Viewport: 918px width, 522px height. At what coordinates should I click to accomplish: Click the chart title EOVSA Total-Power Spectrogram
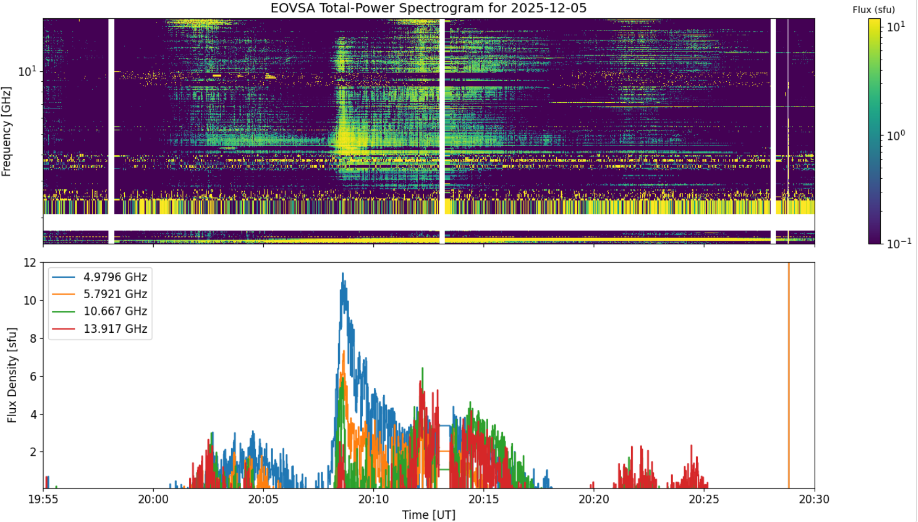click(428, 8)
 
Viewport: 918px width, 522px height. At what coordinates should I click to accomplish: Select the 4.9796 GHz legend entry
click(100, 277)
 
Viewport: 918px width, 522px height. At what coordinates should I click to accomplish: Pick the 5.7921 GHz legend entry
click(100, 294)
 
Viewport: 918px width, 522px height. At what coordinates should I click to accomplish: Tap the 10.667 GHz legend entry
click(100, 311)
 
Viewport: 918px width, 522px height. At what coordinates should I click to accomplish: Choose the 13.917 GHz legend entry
click(100, 329)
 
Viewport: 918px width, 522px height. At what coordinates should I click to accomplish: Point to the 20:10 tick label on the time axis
click(373, 499)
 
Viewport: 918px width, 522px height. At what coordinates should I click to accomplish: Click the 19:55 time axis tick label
click(43, 499)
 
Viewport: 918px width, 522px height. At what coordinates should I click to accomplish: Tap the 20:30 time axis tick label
click(814, 499)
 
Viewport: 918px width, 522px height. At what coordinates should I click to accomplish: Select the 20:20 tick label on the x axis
click(594, 499)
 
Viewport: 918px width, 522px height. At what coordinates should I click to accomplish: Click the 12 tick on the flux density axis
click(30, 263)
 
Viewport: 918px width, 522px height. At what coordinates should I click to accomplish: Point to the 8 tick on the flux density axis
click(34, 339)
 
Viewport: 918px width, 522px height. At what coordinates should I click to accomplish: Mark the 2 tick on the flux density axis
click(34, 452)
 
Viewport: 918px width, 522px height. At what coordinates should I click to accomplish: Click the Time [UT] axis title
click(428, 515)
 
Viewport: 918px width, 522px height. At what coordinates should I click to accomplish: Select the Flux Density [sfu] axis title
click(12, 375)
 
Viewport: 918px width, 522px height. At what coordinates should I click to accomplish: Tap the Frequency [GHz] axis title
click(6, 131)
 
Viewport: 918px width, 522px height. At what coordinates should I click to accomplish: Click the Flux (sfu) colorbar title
click(873, 9)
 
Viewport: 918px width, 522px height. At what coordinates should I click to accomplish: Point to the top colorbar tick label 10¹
click(895, 26)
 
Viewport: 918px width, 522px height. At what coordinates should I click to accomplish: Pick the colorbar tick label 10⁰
click(895, 135)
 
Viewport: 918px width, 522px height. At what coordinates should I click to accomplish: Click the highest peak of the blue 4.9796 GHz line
click(343, 273)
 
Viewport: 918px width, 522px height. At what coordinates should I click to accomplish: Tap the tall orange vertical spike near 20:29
click(789, 375)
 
